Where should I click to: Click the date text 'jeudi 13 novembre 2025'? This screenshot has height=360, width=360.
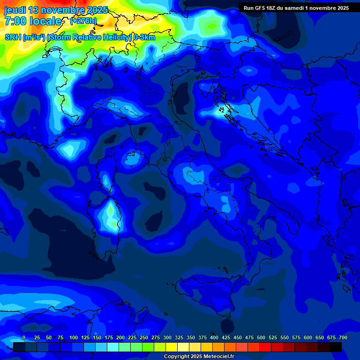[x=56, y=10]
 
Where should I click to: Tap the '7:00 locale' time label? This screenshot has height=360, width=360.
[x=33, y=21]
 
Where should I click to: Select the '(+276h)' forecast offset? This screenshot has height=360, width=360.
[x=83, y=21]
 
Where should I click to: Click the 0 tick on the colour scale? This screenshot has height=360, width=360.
[x=23, y=338]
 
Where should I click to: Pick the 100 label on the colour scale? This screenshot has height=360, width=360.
[x=74, y=338]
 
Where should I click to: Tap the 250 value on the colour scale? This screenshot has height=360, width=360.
[x=144, y=338]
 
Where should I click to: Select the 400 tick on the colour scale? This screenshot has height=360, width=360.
[x=214, y=338]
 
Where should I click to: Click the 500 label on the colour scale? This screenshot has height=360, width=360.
[x=261, y=338]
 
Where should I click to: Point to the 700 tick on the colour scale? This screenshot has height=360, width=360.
[x=343, y=338]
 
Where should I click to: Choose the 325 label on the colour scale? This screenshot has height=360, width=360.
[x=179, y=338]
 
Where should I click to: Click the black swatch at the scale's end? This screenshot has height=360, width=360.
[x=336, y=347]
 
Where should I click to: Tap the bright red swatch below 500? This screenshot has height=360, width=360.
[x=265, y=347]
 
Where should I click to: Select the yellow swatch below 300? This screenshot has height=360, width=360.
[x=172, y=347]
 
